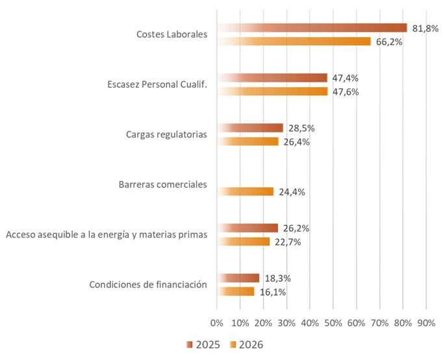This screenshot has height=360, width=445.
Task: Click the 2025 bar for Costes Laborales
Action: pos(312,28)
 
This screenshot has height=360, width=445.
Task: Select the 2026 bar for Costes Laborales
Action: pos(294,42)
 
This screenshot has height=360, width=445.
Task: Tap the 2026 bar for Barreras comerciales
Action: pos(246,192)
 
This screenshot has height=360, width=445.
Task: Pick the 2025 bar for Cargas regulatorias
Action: pos(250,128)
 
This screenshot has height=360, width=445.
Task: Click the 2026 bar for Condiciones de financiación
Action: pos(236,292)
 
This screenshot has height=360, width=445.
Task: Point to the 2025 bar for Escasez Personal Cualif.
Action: pos(272,78)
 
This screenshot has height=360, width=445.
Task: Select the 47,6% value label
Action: pos(345,92)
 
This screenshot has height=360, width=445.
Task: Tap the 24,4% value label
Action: pos(291,192)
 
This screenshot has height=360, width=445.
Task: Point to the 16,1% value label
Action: pos(272,292)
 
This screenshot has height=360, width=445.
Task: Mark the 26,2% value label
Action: pos(296,228)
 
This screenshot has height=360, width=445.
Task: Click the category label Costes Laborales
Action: pos(172,34)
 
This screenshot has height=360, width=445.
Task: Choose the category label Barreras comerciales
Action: pos(163,185)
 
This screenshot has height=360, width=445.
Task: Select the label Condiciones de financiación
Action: pos(148,285)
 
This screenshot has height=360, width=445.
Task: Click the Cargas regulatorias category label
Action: pos(166,135)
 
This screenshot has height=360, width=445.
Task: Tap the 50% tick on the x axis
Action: pos(333,323)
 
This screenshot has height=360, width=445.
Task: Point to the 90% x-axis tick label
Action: pos(426,323)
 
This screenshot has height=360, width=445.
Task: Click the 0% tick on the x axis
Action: pos(217,323)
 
